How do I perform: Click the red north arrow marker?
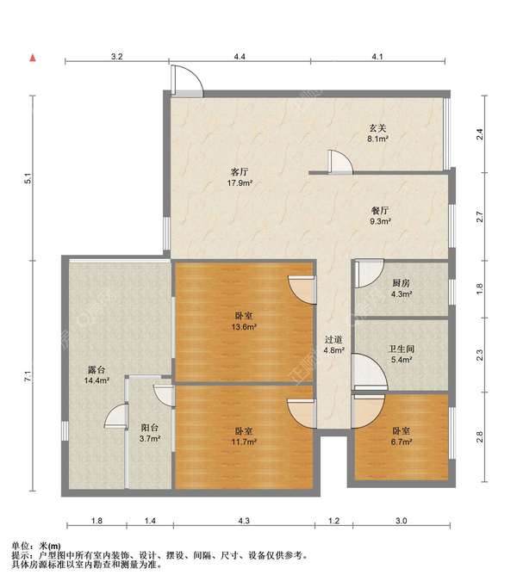pyautogui.click(x=33, y=58)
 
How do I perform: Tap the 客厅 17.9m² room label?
pyautogui.click(x=240, y=177)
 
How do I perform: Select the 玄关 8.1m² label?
pyautogui.click(x=377, y=133)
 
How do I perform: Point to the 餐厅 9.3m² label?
pyautogui.click(x=380, y=216)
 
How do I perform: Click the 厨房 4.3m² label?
pyautogui.click(x=402, y=288)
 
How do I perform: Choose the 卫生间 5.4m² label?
pyautogui.click(x=402, y=354)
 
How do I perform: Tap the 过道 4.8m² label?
pyautogui.click(x=334, y=345)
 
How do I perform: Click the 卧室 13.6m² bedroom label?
pyautogui.click(x=244, y=321)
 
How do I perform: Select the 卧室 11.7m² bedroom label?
pyautogui.click(x=244, y=436)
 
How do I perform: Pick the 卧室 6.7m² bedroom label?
pyautogui.click(x=402, y=436)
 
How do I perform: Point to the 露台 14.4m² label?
pyautogui.click(x=97, y=375)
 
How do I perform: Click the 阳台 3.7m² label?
pyautogui.click(x=150, y=433)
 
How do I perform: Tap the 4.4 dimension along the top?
pyautogui.click(x=240, y=57)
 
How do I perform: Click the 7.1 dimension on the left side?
pyautogui.click(x=28, y=376)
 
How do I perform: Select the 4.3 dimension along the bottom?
pyautogui.click(x=244, y=521)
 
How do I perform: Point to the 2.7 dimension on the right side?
pyautogui.click(x=479, y=217)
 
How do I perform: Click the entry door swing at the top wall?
pyautogui.click(x=187, y=81)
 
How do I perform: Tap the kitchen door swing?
pyautogui.click(x=370, y=274)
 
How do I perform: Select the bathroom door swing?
pyautogui.click(x=371, y=371)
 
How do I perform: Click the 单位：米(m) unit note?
pyautogui.click(x=36, y=547)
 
